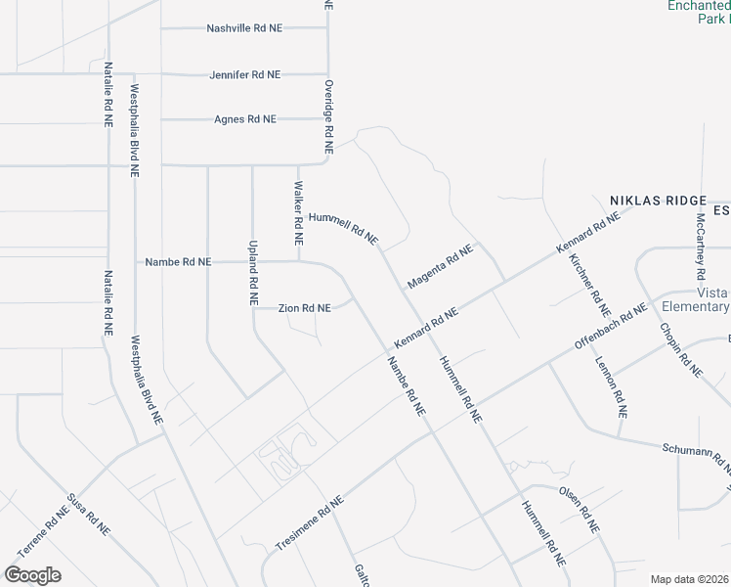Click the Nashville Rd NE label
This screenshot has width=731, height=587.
coord(244,28)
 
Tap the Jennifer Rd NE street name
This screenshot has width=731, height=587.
coord(244,74)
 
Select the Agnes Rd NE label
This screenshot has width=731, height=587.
coord(245,119)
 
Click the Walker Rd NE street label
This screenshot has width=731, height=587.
coord(299,212)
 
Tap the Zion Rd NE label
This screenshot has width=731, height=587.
coord(305,308)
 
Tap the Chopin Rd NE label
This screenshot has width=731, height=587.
coord(681,349)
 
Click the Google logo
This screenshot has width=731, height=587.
coord(32,574)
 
